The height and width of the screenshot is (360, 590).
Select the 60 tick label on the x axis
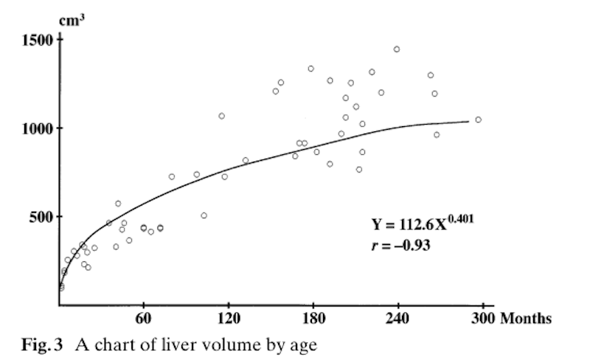click(x=143, y=319)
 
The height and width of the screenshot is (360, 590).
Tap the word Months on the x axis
click(x=525, y=319)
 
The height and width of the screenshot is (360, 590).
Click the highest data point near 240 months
click(x=397, y=49)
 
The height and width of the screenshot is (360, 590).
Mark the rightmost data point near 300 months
click(x=478, y=120)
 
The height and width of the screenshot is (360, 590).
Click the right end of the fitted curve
click(x=468, y=121)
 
